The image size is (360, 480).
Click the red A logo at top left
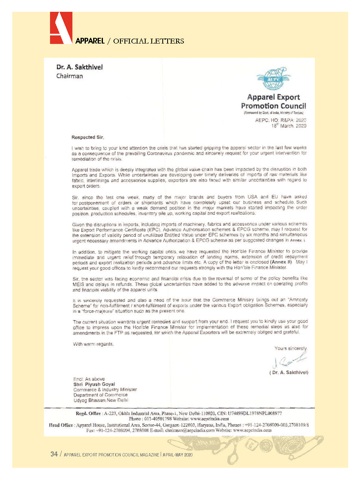[61, 28]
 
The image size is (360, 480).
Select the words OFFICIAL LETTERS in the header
[148, 41]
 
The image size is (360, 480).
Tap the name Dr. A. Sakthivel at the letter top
[79, 68]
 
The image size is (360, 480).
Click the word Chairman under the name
[70, 76]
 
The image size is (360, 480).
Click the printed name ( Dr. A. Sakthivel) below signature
[289, 372]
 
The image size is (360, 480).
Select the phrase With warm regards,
[93, 344]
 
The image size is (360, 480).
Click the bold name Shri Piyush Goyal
[94, 384]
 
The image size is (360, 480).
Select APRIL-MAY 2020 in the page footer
[177, 455]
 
